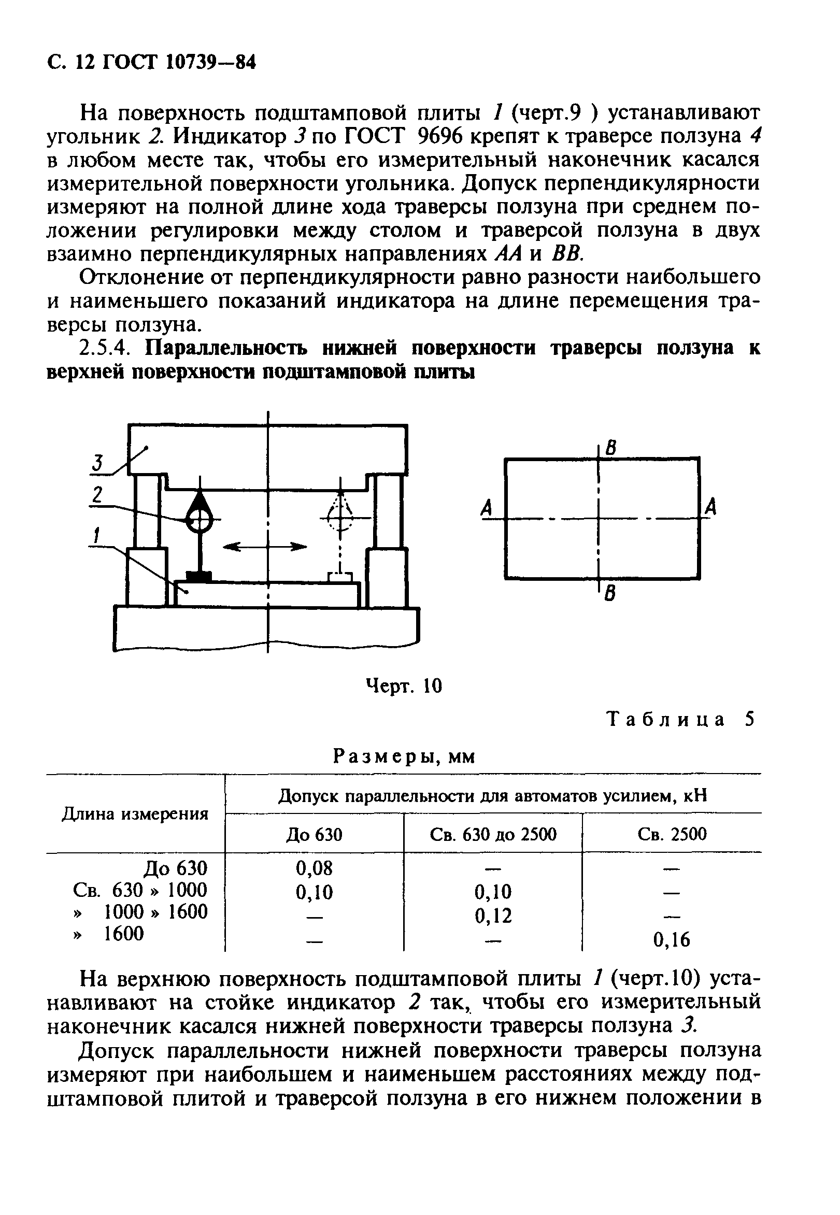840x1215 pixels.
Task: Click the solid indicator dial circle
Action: (200, 521)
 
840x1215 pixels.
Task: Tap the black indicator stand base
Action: (198, 577)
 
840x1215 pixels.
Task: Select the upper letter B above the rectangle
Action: (610, 448)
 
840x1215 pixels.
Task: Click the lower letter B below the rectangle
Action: (610, 594)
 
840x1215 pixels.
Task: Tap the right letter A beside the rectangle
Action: (710, 508)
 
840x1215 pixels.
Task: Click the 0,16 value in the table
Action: (672, 939)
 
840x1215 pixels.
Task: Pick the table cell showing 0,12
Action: (493, 916)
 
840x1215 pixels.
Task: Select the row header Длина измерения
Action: (135, 814)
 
